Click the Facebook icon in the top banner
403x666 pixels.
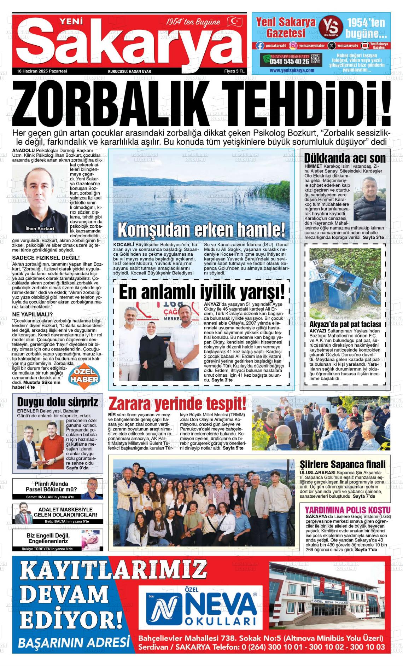click(260, 45)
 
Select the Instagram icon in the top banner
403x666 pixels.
click(293, 45)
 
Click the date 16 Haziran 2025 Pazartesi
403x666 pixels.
click(42, 71)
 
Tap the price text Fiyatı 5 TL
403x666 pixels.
click(234, 71)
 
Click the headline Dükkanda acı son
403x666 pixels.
click(345, 158)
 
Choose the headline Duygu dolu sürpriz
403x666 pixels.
click(58, 402)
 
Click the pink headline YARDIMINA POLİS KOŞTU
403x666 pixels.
click(348, 510)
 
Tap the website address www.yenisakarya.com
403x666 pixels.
click(292, 70)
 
